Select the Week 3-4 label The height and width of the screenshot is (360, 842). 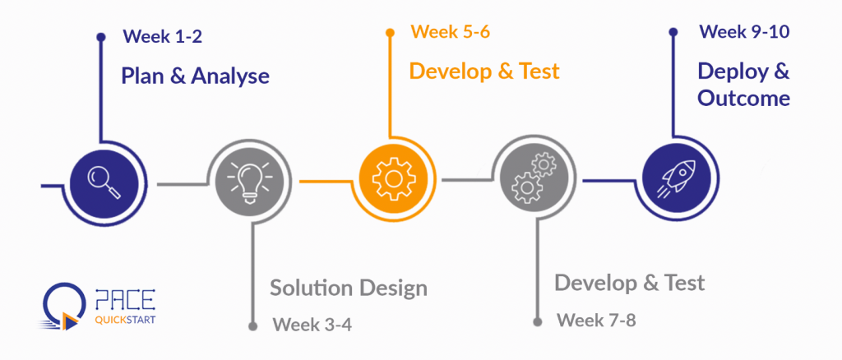tap(312, 323)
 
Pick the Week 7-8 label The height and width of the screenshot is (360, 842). tap(596, 320)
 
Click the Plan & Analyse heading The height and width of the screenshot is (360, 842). tap(196, 76)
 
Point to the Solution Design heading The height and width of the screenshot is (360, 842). tap(349, 288)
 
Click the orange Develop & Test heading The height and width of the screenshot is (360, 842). tap(484, 72)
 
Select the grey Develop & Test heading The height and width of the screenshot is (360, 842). tap(629, 284)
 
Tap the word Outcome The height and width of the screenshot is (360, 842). tap(744, 99)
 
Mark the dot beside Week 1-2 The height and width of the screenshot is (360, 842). tap(100, 37)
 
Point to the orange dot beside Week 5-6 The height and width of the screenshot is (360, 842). tap(391, 34)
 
